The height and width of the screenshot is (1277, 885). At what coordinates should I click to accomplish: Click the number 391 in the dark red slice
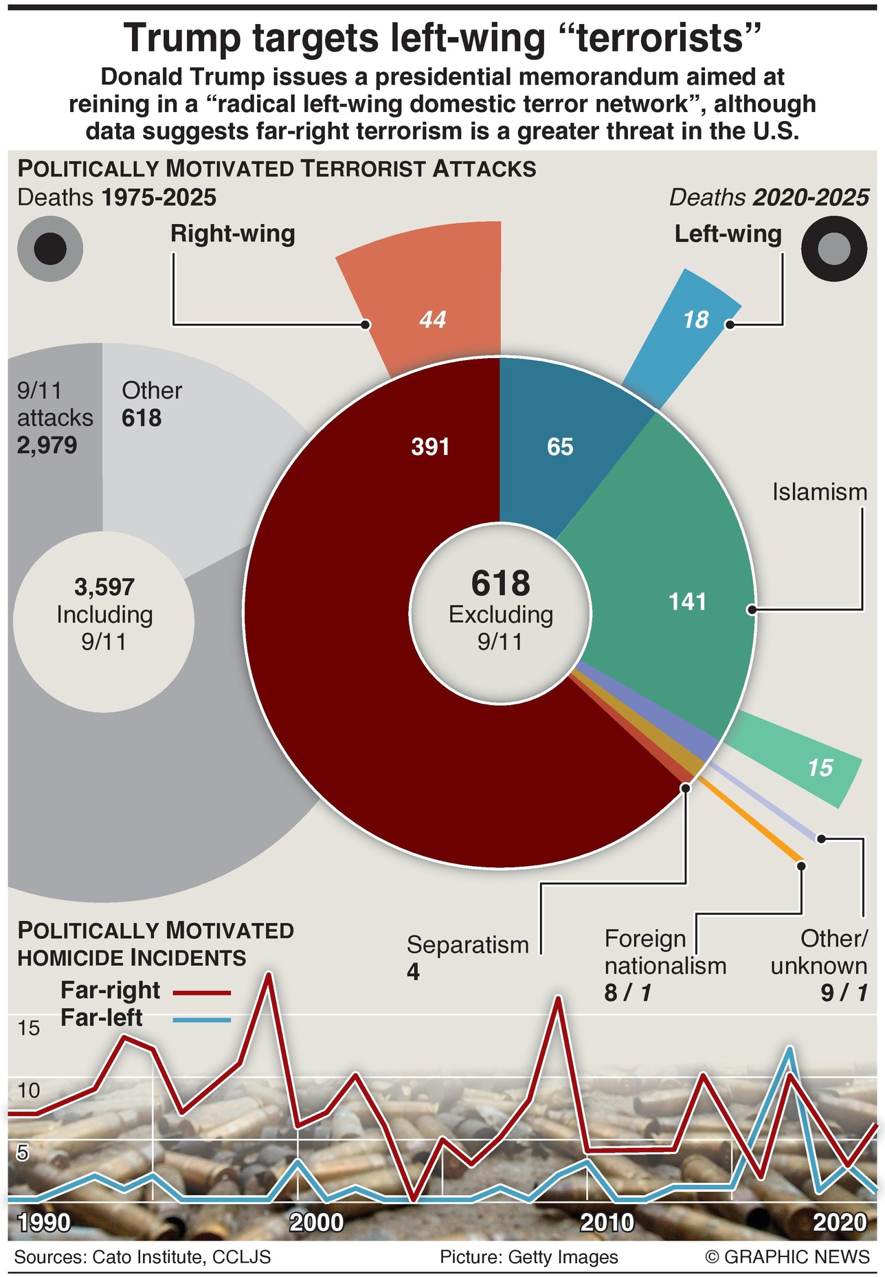430,447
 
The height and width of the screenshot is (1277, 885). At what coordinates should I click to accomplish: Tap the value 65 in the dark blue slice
560,447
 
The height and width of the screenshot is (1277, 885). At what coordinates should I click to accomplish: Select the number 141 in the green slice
687,602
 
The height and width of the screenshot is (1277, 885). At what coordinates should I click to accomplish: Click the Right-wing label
233,234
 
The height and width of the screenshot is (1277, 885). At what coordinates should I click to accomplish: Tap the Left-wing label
728,234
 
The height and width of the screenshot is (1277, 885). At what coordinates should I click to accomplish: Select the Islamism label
819,492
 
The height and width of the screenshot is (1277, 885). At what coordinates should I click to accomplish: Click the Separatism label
467,945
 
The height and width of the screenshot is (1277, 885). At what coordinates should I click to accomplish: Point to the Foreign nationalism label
664,953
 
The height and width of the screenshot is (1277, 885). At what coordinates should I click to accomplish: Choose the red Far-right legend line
202,992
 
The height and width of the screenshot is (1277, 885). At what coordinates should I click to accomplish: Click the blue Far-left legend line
202,1020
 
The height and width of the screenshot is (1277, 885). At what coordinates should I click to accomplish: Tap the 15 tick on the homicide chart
29,1028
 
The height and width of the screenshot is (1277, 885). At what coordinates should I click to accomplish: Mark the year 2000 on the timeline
316,1223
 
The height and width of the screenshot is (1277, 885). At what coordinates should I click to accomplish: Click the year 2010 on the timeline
607,1223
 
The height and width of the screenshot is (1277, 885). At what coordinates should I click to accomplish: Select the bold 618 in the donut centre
500,584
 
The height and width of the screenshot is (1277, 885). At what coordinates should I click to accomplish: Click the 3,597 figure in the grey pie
104,587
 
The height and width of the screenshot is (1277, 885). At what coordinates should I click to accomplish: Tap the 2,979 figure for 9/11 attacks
47,445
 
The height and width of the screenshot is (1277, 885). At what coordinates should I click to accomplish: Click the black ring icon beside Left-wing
834,249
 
